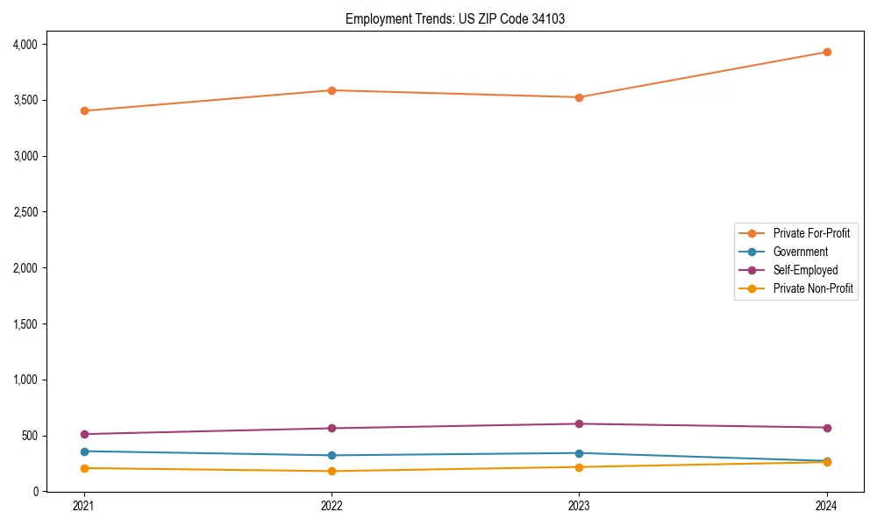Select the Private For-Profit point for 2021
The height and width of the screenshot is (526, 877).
click(84, 110)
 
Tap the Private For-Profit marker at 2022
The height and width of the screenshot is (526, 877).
click(332, 90)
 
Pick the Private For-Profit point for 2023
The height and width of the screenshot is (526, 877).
click(579, 97)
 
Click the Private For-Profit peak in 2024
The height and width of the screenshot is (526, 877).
click(826, 52)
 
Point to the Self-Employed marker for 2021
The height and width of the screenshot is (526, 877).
click(84, 434)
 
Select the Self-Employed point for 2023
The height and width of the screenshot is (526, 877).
click(579, 424)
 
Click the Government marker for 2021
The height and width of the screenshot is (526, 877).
click(84, 451)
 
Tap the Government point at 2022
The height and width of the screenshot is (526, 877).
click(332, 455)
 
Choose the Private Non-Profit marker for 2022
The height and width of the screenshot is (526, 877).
click(332, 471)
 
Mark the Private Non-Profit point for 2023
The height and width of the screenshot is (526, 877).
click(579, 466)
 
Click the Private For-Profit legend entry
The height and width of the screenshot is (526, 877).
click(810, 233)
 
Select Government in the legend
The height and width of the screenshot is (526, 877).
click(800, 252)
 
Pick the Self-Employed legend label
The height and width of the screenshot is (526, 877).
click(805, 270)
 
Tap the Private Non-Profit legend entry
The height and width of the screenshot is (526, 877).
click(813, 288)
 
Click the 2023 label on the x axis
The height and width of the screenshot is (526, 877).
click(579, 506)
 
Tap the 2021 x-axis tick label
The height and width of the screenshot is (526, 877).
click(84, 506)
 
